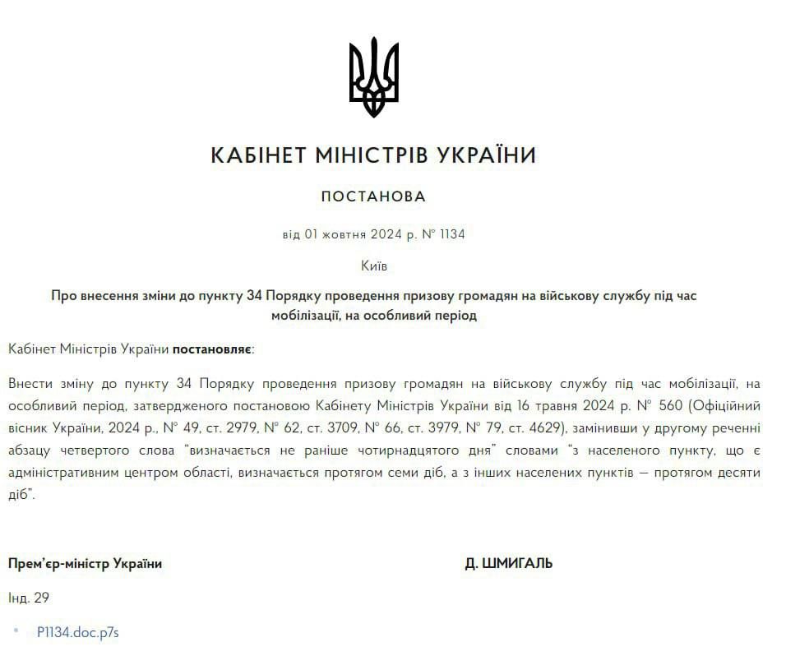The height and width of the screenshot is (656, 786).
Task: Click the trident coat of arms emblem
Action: pyautogui.click(x=374, y=76)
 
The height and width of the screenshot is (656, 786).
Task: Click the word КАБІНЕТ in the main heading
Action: pyautogui.click(x=261, y=155)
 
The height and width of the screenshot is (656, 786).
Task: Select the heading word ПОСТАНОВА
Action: pyautogui.click(x=374, y=196)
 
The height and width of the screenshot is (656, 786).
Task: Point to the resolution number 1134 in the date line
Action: pyautogui.click(x=452, y=234)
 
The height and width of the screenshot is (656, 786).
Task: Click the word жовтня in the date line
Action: pyautogui.click(x=346, y=234)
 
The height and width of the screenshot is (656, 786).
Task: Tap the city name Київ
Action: pyautogui.click(x=374, y=266)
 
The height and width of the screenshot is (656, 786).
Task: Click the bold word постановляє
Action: pyautogui.click(x=213, y=349)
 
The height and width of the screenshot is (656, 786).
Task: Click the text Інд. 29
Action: pyautogui.click(x=29, y=598)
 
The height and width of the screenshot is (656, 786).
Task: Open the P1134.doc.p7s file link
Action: pyautogui.click(x=78, y=633)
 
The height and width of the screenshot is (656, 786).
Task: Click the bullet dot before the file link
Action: pyautogui.click(x=16, y=631)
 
